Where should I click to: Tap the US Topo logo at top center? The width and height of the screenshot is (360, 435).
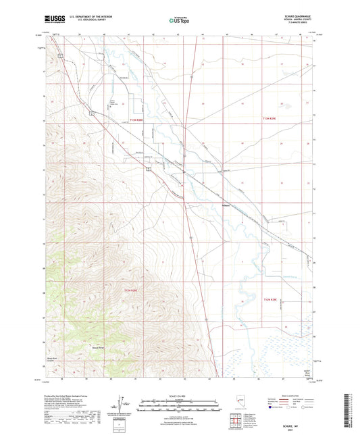coord(180,21)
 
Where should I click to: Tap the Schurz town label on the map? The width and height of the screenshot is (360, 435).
coord(226,205)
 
